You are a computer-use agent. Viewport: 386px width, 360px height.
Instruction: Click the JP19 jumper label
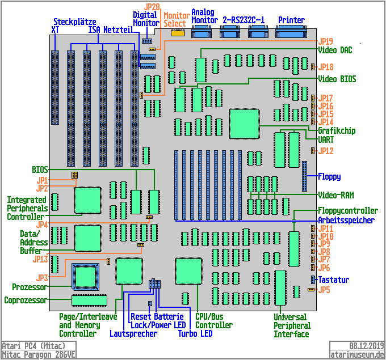click(x=326, y=41)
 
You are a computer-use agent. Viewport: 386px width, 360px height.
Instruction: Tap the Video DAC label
click(x=335, y=50)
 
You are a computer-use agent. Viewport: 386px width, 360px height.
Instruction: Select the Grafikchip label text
click(x=337, y=130)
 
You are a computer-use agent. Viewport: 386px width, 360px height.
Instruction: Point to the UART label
click(x=326, y=139)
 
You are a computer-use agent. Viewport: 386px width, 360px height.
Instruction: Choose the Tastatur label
click(x=333, y=279)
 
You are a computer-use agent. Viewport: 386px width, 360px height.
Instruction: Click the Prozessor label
click(x=29, y=287)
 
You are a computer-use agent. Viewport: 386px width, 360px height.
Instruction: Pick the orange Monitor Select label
click(x=175, y=19)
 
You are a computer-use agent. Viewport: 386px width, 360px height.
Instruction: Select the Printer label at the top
click(x=291, y=20)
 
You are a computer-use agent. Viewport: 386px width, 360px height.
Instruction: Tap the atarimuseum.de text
click(x=358, y=354)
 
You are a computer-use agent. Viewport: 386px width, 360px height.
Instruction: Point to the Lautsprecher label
click(x=133, y=334)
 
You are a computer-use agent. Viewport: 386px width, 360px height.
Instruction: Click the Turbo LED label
click(x=195, y=334)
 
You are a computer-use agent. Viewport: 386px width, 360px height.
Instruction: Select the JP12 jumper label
click(x=326, y=151)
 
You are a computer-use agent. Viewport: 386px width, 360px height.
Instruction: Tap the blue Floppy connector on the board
click(x=304, y=176)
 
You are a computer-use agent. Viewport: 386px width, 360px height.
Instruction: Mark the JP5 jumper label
click(x=324, y=290)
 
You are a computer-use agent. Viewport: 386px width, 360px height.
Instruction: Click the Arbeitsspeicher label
click(x=346, y=220)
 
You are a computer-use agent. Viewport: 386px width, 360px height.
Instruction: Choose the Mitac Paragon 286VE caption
click(x=39, y=354)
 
